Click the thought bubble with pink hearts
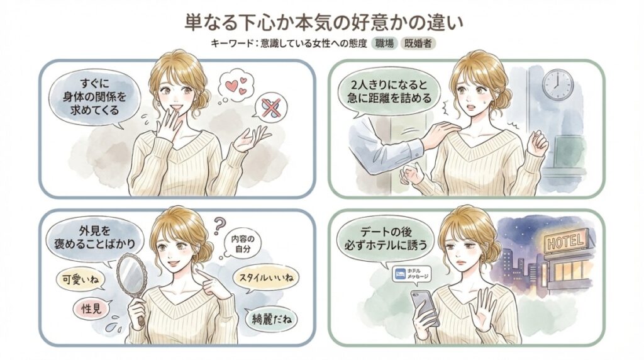[x=235, y=87]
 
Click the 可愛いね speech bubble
[x=80, y=280]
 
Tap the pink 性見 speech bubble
[x=92, y=308]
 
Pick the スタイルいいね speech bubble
[x=266, y=278]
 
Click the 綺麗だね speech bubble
[x=272, y=318]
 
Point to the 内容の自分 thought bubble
[x=242, y=244]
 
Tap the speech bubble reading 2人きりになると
[x=389, y=92]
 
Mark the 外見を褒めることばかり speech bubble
[x=95, y=237]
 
